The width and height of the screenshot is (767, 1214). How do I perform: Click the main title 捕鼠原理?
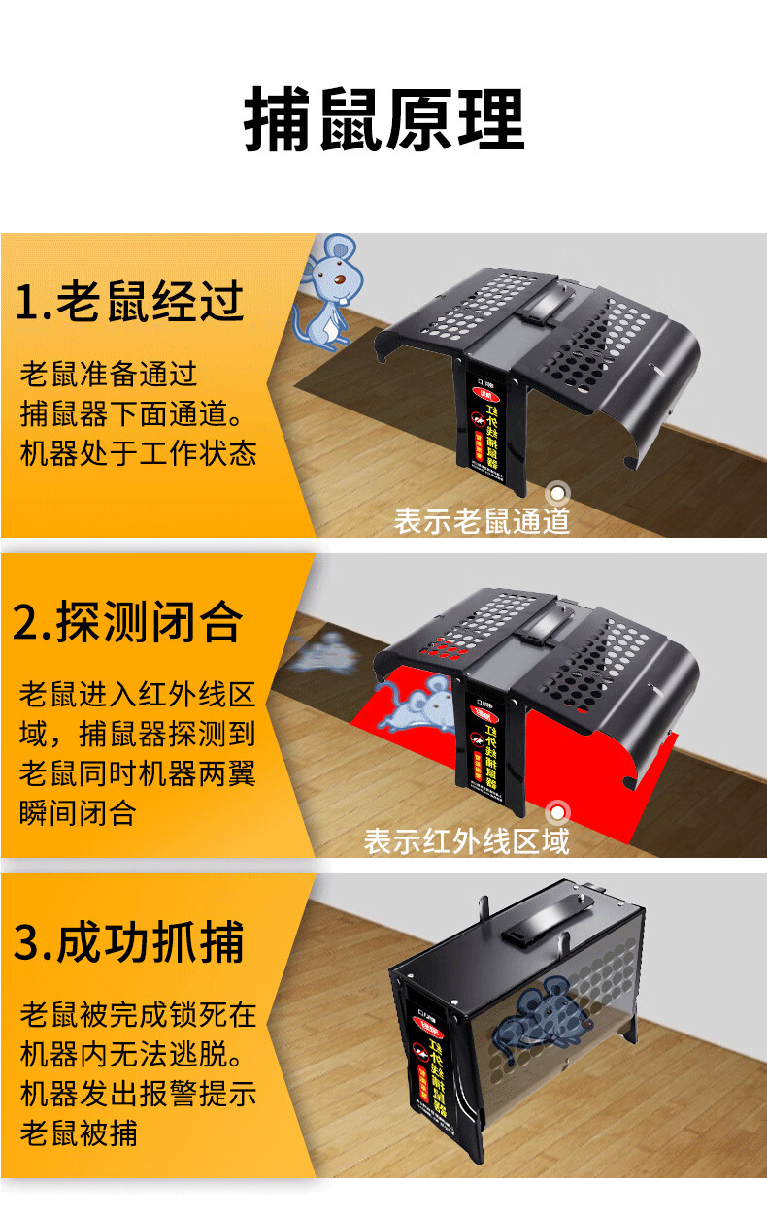(x=383, y=121)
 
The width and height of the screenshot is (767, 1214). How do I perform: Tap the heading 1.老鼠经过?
(x=128, y=302)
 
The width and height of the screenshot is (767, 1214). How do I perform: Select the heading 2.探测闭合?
(x=127, y=622)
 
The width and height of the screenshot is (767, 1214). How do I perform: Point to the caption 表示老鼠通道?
(x=482, y=521)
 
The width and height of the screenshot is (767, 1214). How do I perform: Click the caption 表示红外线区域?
(x=466, y=840)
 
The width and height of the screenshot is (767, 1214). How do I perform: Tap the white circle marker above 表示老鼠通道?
(x=557, y=494)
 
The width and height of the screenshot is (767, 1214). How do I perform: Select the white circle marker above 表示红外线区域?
(x=557, y=812)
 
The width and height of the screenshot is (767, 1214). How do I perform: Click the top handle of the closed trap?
(x=544, y=922)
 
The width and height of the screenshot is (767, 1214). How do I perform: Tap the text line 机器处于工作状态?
(x=138, y=453)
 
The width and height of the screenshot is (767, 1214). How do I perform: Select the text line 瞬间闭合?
(x=78, y=812)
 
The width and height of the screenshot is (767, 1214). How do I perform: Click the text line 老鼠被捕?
(x=78, y=1132)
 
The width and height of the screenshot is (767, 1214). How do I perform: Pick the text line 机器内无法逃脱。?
(x=138, y=1054)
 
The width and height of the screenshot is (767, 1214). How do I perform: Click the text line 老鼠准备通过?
(x=108, y=374)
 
